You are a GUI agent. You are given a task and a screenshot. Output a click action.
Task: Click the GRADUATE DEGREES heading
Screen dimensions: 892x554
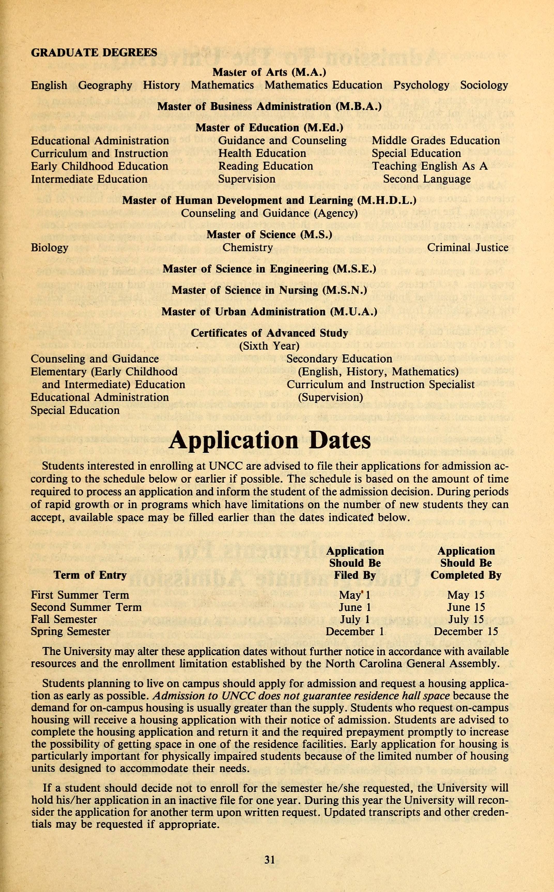click(94, 53)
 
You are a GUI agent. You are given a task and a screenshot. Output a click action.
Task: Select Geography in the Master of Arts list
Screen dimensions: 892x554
click(105, 85)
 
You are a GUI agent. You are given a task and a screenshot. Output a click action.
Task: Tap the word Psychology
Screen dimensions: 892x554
click(421, 85)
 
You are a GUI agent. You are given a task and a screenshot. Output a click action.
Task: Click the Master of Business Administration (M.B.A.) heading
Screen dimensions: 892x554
click(269, 107)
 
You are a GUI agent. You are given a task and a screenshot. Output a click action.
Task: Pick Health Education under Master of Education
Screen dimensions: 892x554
click(262, 153)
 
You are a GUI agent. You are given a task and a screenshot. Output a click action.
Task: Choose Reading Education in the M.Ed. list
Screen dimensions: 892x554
click(266, 166)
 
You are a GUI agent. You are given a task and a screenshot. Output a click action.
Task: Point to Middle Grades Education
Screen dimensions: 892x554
click(436, 141)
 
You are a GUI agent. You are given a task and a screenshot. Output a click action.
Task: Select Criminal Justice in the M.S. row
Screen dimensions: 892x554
click(467, 248)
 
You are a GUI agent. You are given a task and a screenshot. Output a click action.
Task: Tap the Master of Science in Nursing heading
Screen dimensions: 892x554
click(269, 290)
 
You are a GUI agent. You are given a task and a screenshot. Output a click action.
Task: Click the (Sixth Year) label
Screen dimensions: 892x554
click(269, 346)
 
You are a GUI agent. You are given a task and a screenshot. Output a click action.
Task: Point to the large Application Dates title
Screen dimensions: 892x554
click(270, 440)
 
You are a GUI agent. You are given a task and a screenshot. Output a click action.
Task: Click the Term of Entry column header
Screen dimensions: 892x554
click(90, 575)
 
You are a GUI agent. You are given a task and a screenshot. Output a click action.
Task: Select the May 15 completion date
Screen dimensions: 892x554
click(466, 595)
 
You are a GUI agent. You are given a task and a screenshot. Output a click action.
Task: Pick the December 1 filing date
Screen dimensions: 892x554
click(355, 632)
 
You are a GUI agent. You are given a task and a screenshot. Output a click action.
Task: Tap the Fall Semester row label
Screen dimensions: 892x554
click(64, 619)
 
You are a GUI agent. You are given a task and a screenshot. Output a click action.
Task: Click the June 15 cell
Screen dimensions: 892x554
click(466, 607)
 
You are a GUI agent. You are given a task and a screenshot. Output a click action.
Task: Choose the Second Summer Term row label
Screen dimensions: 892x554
click(86, 607)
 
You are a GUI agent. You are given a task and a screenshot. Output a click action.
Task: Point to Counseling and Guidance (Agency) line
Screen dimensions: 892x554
click(269, 213)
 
